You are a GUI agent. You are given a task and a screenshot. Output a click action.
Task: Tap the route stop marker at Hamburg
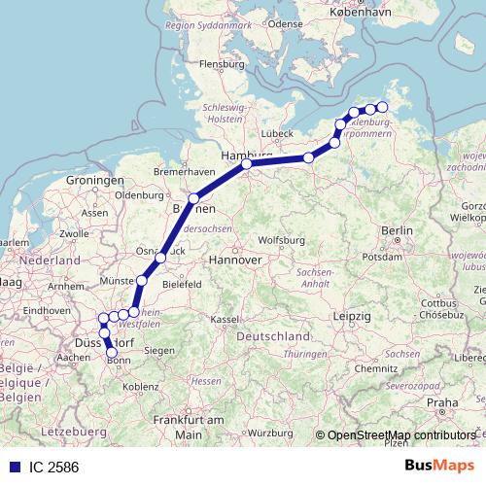click(x=247, y=164)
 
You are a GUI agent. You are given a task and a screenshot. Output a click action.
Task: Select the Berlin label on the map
click(x=399, y=230)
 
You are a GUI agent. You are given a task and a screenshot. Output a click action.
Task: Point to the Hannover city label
click(x=238, y=260)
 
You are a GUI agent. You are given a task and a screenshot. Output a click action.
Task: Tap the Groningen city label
click(x=95, y=182)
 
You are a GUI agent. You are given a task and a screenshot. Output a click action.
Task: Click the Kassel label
click(x=225, y=319)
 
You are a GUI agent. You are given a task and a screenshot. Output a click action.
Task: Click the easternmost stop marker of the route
click(x=382, y=107)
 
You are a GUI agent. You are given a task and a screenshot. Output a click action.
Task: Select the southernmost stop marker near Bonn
click(x=112, y=353)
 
